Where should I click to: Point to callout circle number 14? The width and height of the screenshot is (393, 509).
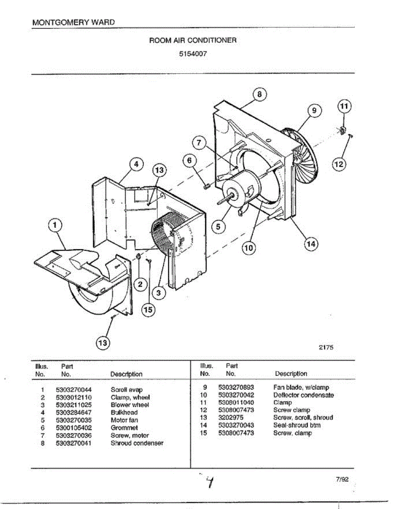[311, 244]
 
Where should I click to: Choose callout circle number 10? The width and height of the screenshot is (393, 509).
[248, 247]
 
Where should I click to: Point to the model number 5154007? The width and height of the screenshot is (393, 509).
[193, 54]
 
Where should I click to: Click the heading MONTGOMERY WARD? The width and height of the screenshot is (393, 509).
[73, 22]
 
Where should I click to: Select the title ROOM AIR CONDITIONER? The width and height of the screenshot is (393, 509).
[193, 40]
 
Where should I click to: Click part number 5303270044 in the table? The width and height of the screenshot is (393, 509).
[74, 389]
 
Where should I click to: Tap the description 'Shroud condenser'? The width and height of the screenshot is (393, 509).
[137, 443]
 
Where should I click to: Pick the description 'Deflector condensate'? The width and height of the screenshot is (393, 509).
[303, 395]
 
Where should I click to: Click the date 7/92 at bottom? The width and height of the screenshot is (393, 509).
[342, 480]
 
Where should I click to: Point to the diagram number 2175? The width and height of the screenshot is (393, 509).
[326, 347]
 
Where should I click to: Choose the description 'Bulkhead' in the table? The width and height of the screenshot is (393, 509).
[124, 412]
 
